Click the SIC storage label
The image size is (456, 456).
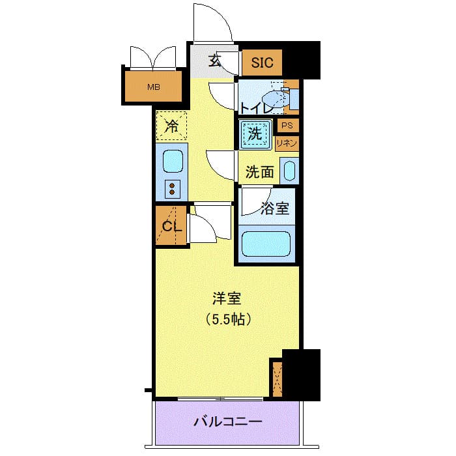(x=262, y=63)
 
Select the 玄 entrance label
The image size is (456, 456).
(x=214, y=63)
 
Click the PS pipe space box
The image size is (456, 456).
(x=287, y=126)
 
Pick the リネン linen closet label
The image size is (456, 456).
(x=287, y=143)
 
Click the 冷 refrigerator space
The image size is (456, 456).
(x=171, y=126)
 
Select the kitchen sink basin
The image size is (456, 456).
(x=172, y=160)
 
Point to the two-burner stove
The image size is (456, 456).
(x=172, y=189)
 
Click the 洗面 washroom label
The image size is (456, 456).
(x=259, y=173)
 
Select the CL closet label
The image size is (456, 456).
(x=171, y=227)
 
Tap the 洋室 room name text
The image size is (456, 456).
(x=227, y=299)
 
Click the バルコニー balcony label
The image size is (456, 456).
(x=228, y=421)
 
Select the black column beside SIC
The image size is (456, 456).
(x=303, y=60)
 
